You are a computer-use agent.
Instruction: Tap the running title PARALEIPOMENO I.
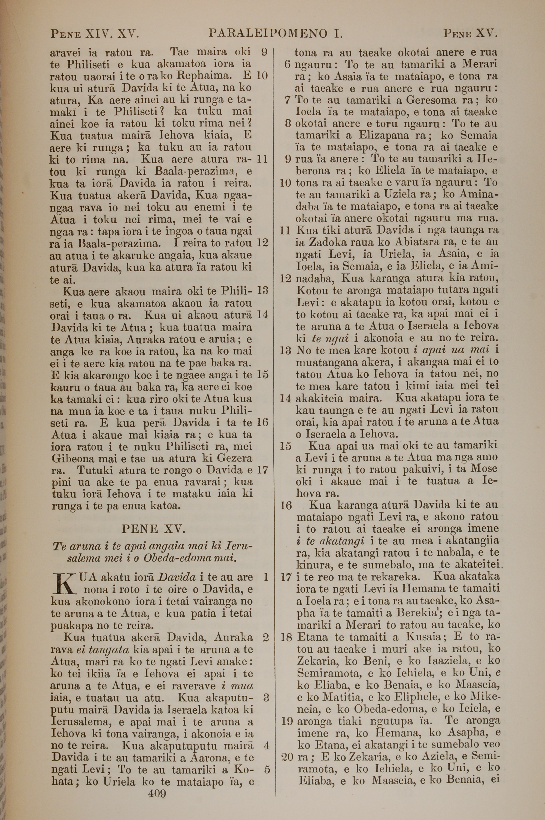pyautogui.click(x=275, y=34)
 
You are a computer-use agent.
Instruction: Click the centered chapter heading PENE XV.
pyautogui.click(x=153, y=529)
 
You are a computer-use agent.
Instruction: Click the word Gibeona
pyautogui.click(x=72, y=458)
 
